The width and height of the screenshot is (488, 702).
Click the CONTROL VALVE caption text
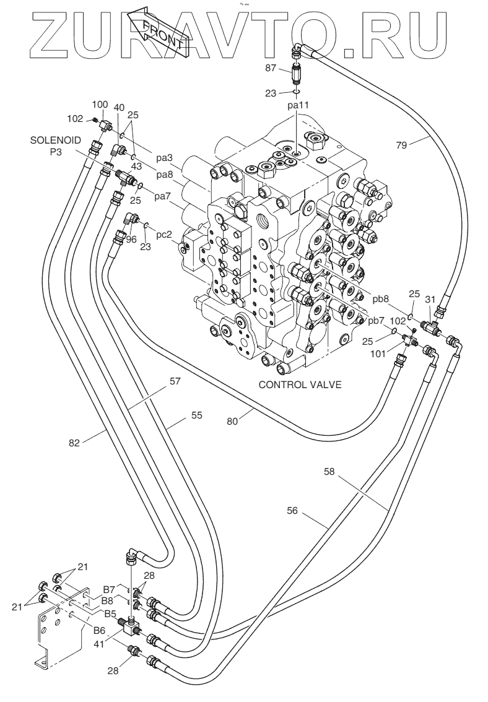pos(300,384)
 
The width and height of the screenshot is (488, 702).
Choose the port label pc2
pos(163,236)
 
